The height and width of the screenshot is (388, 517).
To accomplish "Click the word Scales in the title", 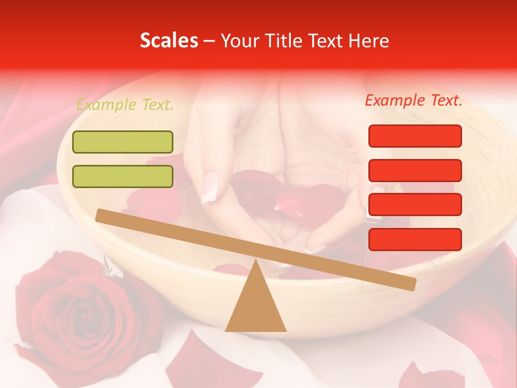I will point(169,41).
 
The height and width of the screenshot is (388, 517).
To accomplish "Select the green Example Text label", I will point(125,105).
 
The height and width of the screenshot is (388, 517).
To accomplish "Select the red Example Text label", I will point(414,100).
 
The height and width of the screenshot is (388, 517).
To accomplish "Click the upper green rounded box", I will point(123,142).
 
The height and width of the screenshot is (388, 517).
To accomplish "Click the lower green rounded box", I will point(123,177).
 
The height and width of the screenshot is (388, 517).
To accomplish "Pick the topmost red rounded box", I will point(415,136).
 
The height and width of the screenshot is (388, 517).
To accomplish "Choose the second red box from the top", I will point(415,170).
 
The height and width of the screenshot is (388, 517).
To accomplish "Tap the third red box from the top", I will point(415,205).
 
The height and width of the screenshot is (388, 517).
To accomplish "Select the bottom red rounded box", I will point(415,239).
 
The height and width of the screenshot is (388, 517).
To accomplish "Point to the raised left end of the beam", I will point(102,216).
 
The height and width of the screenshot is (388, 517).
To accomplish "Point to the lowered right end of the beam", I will point(409,283).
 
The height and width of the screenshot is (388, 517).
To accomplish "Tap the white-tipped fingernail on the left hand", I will point(209,188).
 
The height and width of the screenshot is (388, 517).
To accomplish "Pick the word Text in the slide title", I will point(323,41).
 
